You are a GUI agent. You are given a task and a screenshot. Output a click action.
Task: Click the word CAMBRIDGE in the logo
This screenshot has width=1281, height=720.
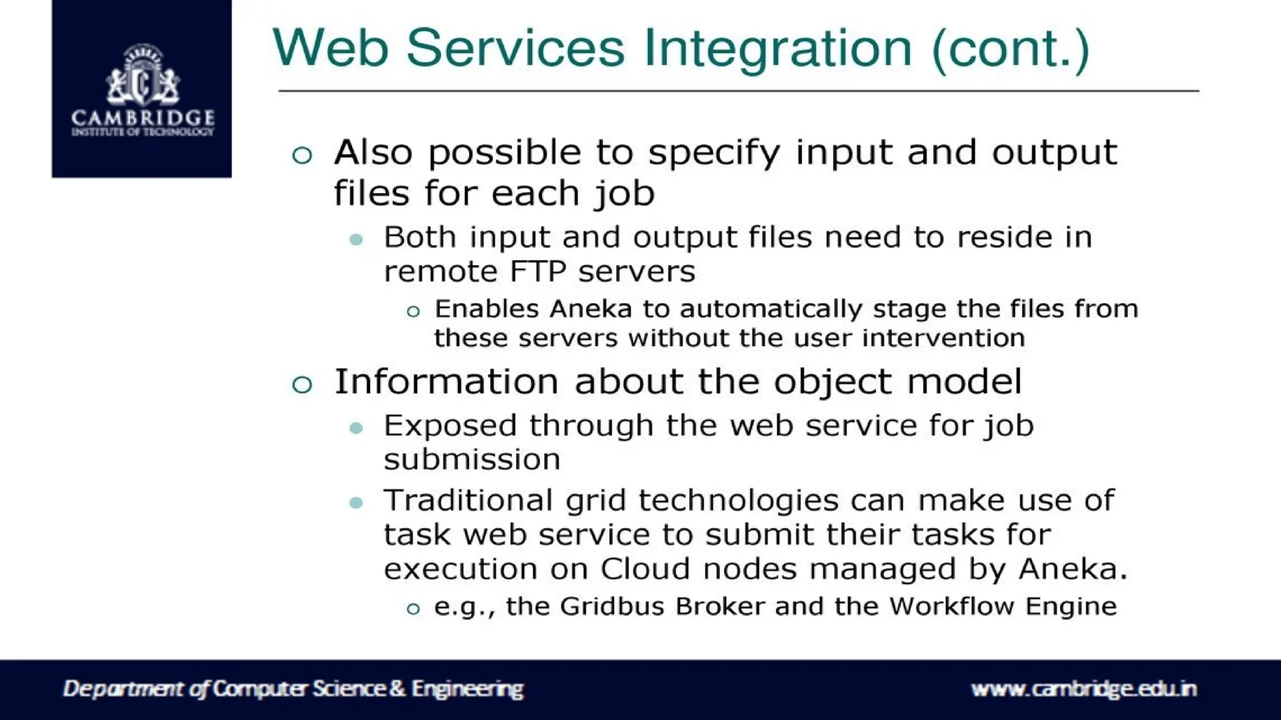[143, 117]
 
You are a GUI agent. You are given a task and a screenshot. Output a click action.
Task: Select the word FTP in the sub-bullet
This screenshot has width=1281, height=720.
[538, 272]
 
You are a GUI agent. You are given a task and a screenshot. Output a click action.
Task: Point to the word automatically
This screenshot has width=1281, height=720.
[771, 309]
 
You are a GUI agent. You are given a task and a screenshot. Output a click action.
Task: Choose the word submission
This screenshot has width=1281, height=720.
[472, 460]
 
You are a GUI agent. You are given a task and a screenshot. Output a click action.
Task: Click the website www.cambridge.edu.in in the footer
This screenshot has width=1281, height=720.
[1084, 689]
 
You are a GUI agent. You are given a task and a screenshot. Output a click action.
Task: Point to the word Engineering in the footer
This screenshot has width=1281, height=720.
[467, 689]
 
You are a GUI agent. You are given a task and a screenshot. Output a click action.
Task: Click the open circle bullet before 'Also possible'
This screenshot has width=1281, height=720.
[302, 155]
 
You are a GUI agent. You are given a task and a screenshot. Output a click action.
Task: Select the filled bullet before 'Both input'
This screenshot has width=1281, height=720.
[357, 239]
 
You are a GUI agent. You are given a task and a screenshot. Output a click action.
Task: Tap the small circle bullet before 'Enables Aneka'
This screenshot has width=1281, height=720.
[413, 311]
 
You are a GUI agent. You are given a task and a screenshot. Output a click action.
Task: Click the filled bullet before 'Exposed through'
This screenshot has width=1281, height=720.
[357, 428]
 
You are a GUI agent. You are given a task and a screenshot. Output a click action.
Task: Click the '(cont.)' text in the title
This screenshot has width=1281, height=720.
[1010, 49]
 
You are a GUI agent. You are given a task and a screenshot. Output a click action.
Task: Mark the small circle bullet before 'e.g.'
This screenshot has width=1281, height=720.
[413, 609]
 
